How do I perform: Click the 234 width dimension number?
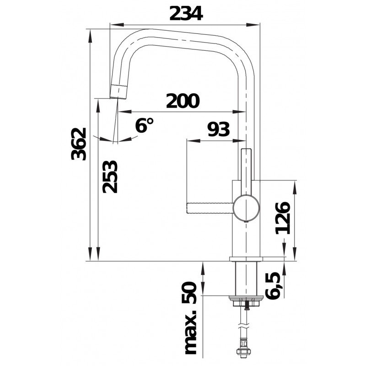click(186, 13)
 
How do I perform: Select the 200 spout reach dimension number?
click(183, 101)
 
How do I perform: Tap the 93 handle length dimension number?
click(219, 129)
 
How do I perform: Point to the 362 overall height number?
click(79, 144)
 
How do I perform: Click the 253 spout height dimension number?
click(110, 177)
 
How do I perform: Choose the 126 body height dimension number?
click(283, 218)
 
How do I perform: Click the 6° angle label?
click(144, 125)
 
